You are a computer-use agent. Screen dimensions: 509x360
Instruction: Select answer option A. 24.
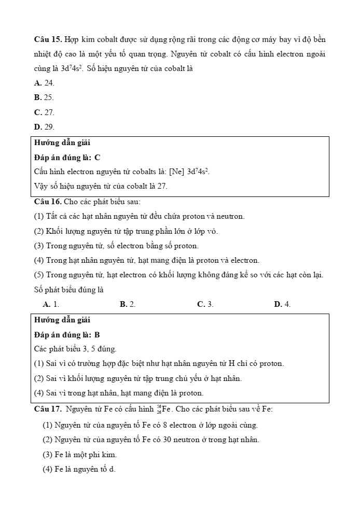[x=44, y=83]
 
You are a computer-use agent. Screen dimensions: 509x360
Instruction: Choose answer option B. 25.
[x=44, y=97]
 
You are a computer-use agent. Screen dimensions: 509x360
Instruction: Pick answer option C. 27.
[x=44, y=112]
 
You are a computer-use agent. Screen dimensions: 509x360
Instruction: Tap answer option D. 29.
[x=44, y=126]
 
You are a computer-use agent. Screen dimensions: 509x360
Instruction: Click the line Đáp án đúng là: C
[x=67, y=157]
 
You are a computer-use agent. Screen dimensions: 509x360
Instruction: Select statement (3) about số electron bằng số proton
[x=116, y=246]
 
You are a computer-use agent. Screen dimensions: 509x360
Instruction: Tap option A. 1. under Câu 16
[x=51, y=304]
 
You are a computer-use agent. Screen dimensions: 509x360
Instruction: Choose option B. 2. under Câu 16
[x=128, y=304]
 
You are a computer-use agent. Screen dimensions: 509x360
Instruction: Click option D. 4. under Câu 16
[x=282, y=304]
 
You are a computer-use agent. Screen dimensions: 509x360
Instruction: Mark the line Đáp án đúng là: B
[x=67, y=335]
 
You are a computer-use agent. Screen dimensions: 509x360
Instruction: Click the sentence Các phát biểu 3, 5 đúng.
[x=75, y=349]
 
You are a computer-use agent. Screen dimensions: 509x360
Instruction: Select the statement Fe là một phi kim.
[x=79, y=455]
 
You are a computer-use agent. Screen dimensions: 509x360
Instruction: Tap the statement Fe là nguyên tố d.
[x=79, y=469]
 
